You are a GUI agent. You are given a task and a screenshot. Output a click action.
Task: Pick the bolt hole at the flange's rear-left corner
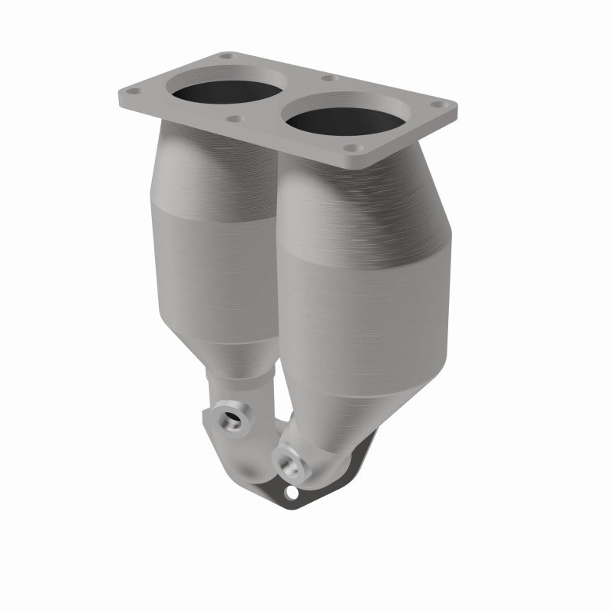click(226, 56)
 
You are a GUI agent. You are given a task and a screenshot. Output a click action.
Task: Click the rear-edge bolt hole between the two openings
click(328, 78)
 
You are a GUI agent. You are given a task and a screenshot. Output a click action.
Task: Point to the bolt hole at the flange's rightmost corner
click(438, 104)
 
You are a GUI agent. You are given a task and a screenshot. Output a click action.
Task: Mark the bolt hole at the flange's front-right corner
click(352, 148)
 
